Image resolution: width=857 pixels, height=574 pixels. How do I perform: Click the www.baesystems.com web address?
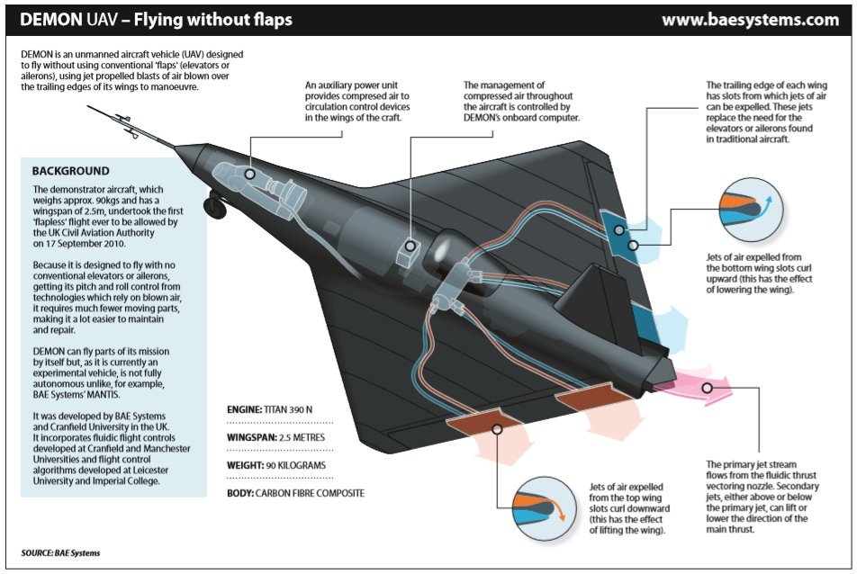tap(750, 20)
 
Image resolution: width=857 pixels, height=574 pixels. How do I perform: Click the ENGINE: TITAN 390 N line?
tap(270, 408)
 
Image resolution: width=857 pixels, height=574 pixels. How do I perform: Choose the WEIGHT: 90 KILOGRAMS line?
tap(275, 465)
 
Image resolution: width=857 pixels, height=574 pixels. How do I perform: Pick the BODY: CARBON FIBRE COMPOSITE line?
tap(295, 494)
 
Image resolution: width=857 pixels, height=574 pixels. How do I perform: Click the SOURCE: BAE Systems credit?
tap(61, 552)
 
